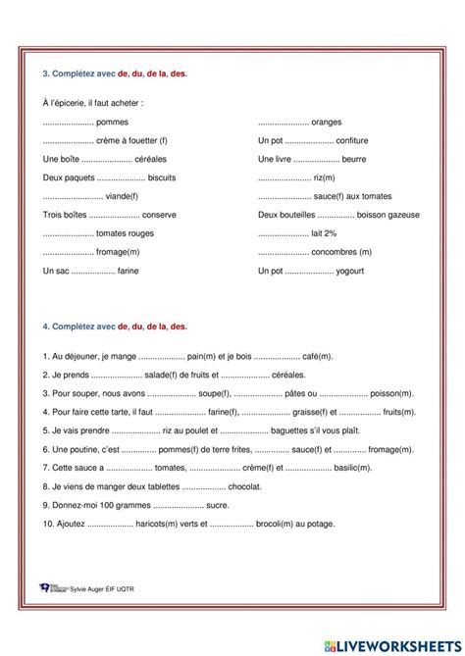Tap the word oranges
(327, 122)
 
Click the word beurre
(354, 159)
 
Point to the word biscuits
(164, 177)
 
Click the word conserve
(160, 215)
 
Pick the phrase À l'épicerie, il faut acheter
(93, 103)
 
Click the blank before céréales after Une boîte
(108, 159)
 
